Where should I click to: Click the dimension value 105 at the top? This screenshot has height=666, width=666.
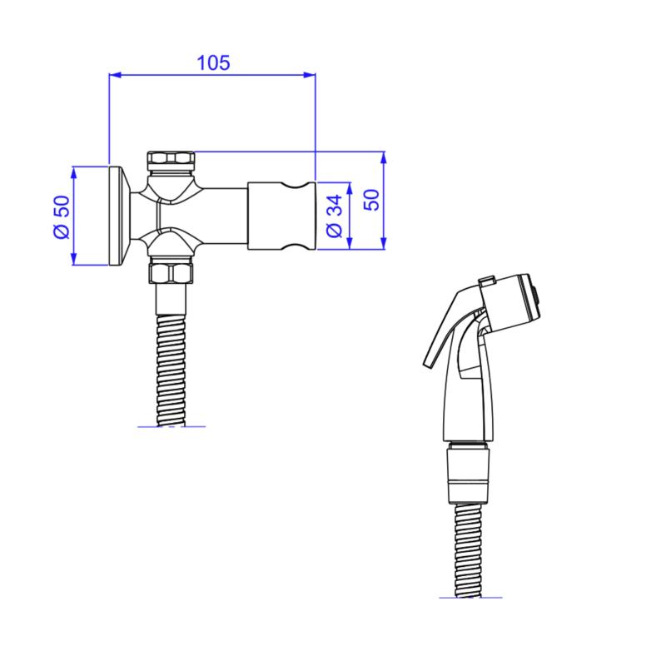(x=212, y=62)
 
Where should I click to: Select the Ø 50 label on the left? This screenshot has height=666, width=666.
(x=59, y=218)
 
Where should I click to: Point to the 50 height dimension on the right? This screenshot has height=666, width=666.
(x=371, y=201)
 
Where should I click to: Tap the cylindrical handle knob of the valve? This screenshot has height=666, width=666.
(x=282, y=216)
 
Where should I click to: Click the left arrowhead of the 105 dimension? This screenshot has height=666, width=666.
(x=115, y=76)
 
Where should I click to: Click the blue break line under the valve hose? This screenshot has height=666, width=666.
(x=171, y=426)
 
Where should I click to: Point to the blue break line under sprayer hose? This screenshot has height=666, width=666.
(x=471, y=598)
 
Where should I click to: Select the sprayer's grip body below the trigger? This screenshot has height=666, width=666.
(x=471, y=400)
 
